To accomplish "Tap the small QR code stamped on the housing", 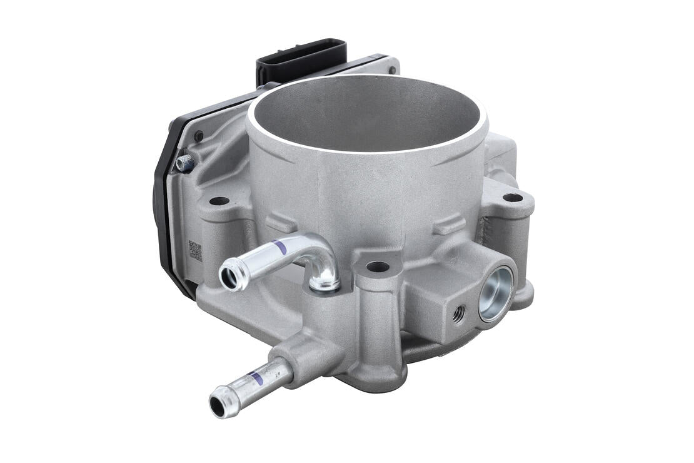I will point(195,251).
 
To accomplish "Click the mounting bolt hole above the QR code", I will point(219,201).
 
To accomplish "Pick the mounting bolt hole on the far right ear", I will point(513,198).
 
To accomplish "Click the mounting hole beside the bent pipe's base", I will point(378,267).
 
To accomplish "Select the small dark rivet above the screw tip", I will point(198,136).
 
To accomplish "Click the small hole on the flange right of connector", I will point(392,69).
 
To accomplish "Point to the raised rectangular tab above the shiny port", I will point(449,225).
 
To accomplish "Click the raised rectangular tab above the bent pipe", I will point(281,222).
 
